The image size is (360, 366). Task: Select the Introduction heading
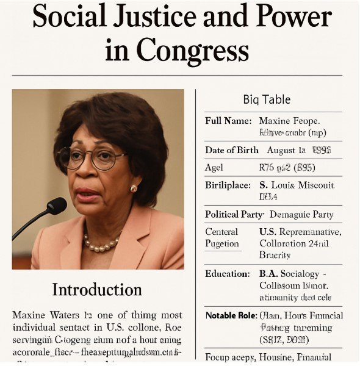[97, 289]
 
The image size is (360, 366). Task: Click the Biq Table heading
[267, 99]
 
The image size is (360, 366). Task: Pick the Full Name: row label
[228, 121]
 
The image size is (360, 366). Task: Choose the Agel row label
[214, 167]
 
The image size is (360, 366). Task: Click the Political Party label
[234, 215]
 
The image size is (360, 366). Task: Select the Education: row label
[228, 274]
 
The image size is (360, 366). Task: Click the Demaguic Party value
[301, 215]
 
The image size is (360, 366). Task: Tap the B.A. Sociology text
[295, 274]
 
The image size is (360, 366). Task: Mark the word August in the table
[286, 150]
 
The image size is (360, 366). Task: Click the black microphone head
[56, 206]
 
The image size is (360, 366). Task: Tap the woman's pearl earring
[134, 188]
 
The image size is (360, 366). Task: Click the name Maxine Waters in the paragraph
[43, 315]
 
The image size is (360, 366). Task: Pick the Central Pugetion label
[222, 238]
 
